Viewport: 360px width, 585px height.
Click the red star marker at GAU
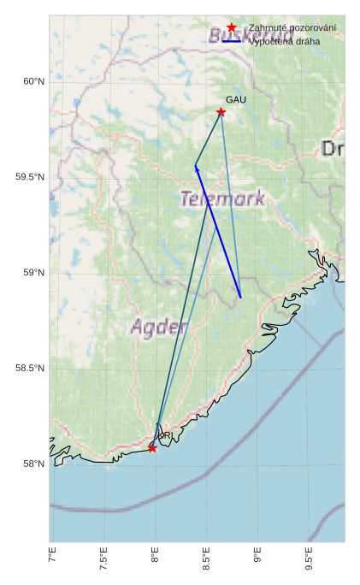(x=221, y=112)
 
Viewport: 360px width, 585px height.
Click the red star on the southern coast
(x=152, y=448)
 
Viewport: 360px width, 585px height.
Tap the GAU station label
(x=236, y=100)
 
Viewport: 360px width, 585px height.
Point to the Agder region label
(x=158, y=327)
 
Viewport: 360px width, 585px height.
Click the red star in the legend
(x=231, y=28)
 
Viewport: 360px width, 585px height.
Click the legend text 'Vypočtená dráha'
(x=285, y=41)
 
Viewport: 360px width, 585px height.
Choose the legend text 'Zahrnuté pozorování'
(x=292, y=28)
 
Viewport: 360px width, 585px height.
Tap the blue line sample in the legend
(x=231, y=41)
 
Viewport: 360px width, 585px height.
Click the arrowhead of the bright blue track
(x=196, y=168)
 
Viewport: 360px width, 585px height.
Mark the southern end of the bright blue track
(x=241, y=298)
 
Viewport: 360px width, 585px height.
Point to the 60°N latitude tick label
(x=32, y=81)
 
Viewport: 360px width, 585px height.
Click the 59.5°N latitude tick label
(x=29, y=177)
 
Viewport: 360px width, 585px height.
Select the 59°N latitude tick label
(x=32, y=273)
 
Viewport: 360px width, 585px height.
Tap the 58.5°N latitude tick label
(x=29, y=369)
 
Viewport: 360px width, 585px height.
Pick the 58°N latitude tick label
(x=32, y=464)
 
